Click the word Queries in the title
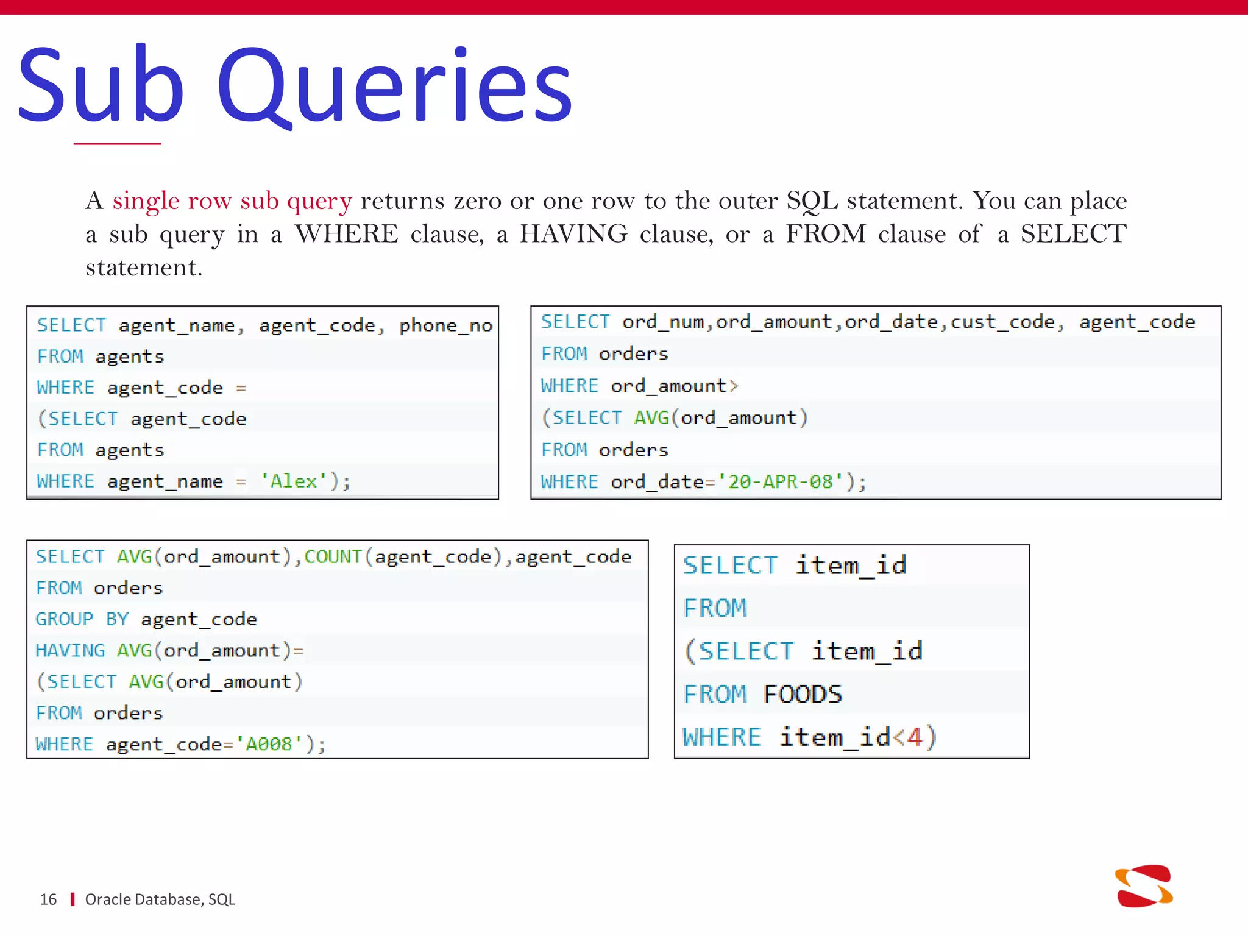pos(395,85)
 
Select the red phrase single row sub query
pos(232,200)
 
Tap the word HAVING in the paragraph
pos(573,234)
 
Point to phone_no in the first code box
pos(445,326)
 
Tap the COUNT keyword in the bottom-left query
pos(333,556)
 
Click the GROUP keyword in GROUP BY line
pos(64,619)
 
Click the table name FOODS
pos(802,695)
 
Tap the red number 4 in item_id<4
pos(914,737)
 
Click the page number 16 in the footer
pos(48,899)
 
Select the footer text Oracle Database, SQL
pos(160,899)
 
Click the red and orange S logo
pos(1144,886)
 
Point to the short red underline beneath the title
pos(117,144)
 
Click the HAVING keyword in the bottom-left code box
pos(70,651)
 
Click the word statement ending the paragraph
pos(143,268)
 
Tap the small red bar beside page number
pos(73,899)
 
